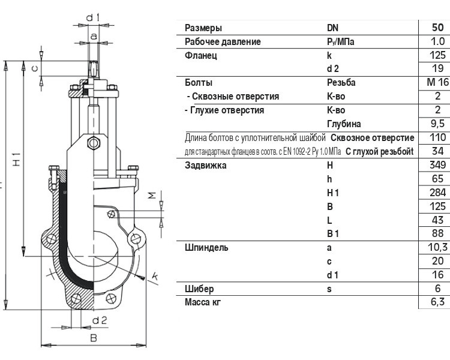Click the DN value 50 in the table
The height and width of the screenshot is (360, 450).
pos(437,27)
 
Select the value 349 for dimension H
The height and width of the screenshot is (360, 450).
pos(437,165)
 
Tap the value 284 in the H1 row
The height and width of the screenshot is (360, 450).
pos(437,193)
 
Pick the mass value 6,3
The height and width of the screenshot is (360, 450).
pos(437,302)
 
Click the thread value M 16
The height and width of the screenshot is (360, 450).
pos(438,82)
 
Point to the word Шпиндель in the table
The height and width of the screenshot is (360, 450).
pos(206,247)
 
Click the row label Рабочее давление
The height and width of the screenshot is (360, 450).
pos(223,41)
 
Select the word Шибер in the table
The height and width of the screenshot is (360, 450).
pos(199,289)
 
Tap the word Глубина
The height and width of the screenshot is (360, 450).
pos(344,124)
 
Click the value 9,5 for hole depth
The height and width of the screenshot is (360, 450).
pos(437,124)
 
